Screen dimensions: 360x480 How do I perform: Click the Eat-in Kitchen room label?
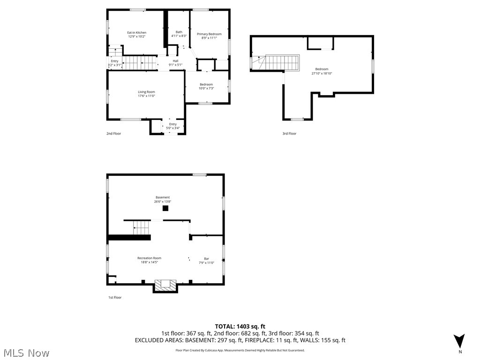(x=137, y=33)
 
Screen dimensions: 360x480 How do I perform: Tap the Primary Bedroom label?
(x=209, y=34)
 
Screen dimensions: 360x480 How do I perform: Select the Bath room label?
(x=179, y=32)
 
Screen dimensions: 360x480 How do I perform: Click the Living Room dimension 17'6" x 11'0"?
(x=146, y=96)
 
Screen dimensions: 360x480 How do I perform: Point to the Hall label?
(x=175, y=61)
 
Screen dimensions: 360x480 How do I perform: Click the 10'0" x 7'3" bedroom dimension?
(x=206, y=88)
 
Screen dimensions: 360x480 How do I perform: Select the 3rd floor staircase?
(x=282, y=62)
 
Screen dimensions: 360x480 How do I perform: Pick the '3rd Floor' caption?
(x=289, y=134)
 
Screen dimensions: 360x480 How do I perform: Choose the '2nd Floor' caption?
(x=113, y=134)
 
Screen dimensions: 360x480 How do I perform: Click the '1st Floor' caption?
(x=114, y=297)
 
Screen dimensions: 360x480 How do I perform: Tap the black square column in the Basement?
(x=165, y=209)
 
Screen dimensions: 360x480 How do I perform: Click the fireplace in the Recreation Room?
(x=166, y=285)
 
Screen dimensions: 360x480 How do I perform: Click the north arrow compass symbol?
(x=459, y=341)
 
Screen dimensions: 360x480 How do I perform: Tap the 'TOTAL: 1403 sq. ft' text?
(x=240, y=326)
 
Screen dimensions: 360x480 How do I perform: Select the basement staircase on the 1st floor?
(x=142, y=228)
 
